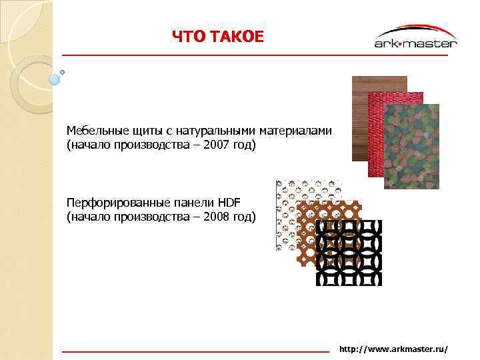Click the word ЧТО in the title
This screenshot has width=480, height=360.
[x=187, y=37]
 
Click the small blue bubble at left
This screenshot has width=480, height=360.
[x=55, y=79]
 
